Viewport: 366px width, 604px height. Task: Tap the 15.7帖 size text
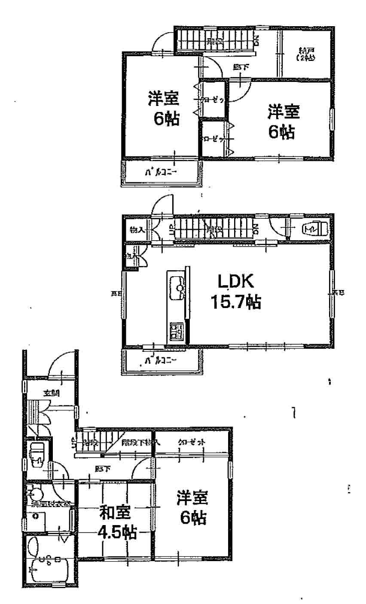235,302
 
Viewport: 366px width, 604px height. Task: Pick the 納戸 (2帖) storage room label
305,55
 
